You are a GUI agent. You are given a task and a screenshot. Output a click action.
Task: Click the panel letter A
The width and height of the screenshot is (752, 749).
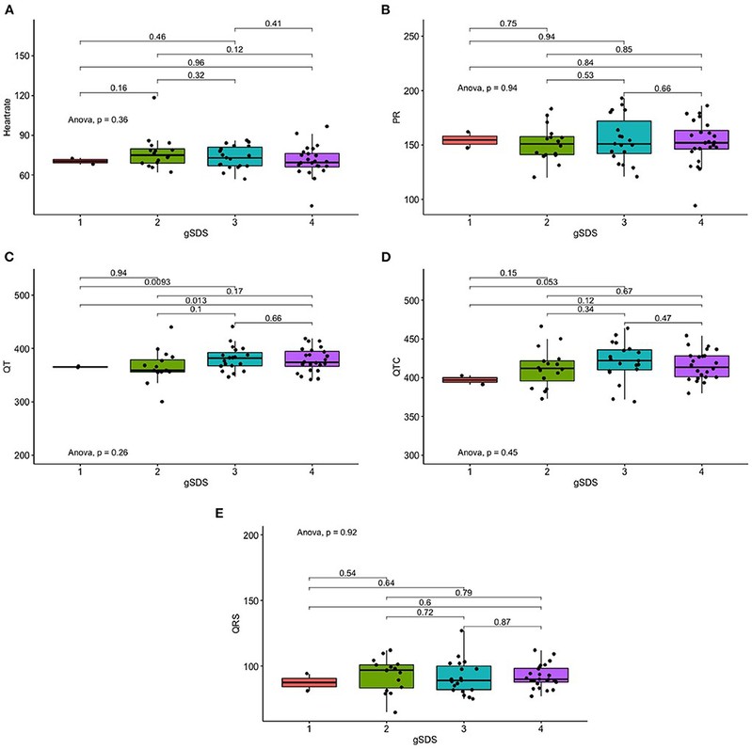point(8,8)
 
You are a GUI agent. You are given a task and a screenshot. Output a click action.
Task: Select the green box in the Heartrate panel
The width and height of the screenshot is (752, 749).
point(157,155)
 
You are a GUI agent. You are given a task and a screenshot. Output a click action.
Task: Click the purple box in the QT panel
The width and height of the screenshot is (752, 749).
point(312,359)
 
